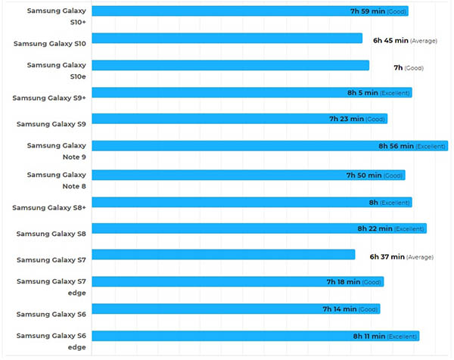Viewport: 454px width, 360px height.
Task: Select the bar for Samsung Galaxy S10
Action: [x=227, y=39]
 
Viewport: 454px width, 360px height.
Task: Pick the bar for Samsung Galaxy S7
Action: [x=223, y=254]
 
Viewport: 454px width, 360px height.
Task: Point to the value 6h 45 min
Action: [x=390, y=40]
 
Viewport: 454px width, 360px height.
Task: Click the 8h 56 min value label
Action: [x=396, y=146]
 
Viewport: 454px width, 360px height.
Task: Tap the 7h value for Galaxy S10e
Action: [x=398, y=68]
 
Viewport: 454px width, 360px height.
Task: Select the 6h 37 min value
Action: [x=387, y=257]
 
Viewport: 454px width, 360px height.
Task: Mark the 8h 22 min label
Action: [x=375, y=228]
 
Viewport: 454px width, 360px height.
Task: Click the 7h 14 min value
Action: [x=340, y=309]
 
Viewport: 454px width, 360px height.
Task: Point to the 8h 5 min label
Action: [x=362, y=92]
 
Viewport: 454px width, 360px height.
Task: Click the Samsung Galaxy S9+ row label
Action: [x=49, y=98]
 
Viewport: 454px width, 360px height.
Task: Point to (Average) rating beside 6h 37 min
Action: [x=420, y=257]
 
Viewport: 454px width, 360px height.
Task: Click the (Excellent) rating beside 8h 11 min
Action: [x=402, y=336]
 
